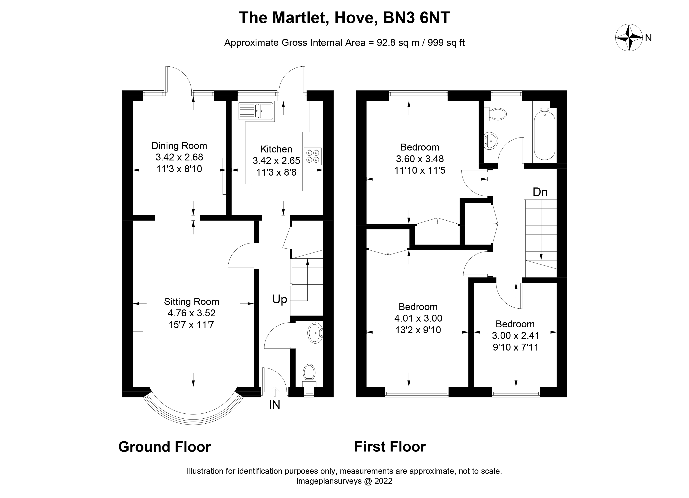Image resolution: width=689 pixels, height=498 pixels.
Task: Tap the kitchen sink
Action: point(256,111)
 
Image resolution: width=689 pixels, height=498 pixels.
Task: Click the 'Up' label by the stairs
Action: point(280,299)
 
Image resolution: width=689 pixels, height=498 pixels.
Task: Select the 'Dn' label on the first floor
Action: point(540,192)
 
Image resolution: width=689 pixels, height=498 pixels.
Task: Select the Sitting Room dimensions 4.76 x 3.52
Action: point(191,313)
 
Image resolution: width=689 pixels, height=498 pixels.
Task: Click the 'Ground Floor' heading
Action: point(164,447)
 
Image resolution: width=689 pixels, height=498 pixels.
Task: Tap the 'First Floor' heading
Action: point(390,447)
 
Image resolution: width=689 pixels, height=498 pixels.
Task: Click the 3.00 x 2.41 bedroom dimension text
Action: point(515,336)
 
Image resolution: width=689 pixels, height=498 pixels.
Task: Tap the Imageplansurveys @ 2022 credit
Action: point(344,481)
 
